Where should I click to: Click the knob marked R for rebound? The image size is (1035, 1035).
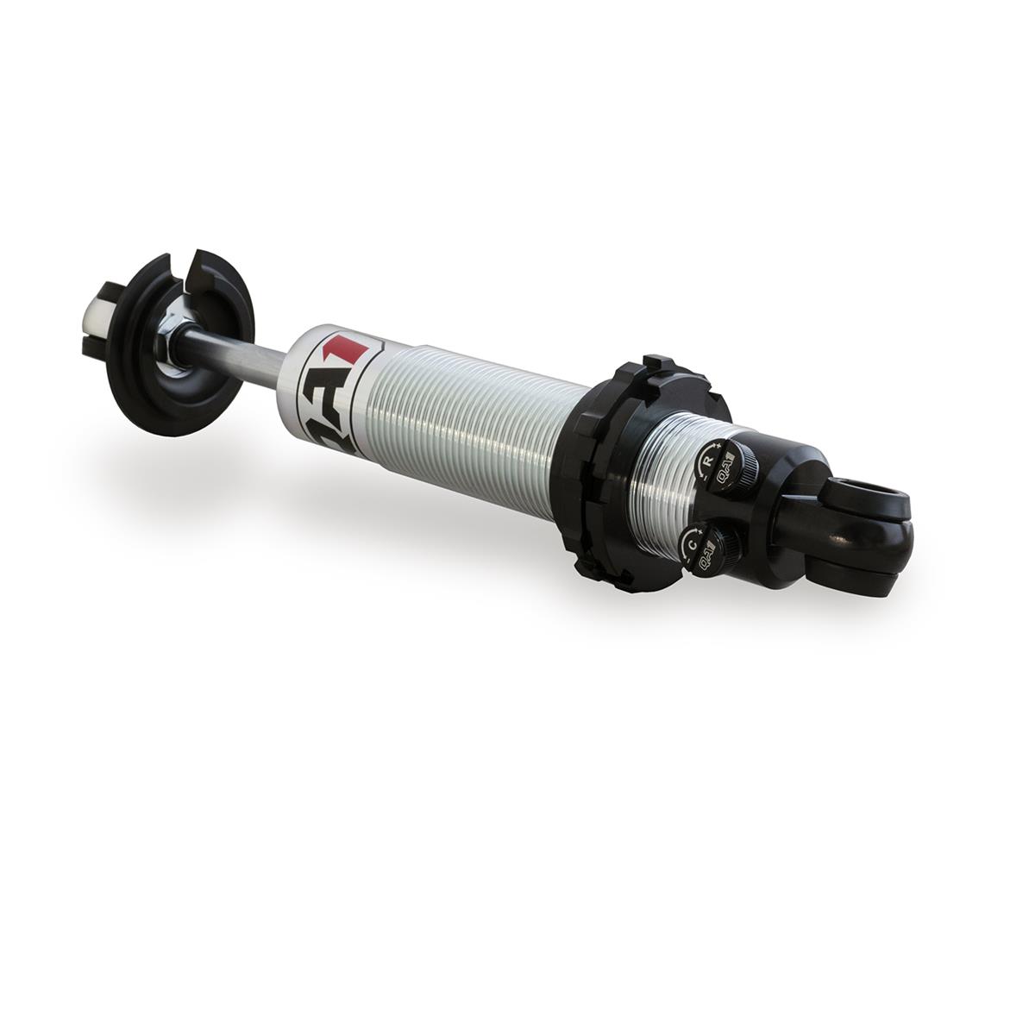click(x=724, y=463)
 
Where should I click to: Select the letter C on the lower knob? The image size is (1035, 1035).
click(x=693, y=543)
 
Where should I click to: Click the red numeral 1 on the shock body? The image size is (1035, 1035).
click(x=349, y=352)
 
